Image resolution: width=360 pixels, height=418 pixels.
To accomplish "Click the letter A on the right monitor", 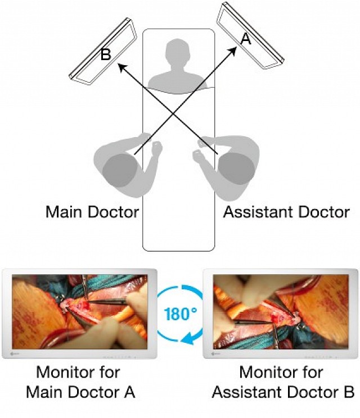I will (x=245, y=38).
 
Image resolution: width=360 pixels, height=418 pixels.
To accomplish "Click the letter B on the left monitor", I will (x=106, y=55).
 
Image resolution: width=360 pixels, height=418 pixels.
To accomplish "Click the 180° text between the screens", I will (x=181, y=313).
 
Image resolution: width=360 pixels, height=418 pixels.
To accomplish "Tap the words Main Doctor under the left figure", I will (x=92, y=212).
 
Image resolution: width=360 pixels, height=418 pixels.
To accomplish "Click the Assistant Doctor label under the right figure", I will (x=286, y=212).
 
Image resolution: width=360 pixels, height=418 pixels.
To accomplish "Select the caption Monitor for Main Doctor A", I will (x=80, y=381).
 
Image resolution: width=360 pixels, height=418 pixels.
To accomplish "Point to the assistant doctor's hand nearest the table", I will (x=199, y=155).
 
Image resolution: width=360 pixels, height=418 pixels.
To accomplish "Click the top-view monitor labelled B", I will (x=103, y=52).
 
